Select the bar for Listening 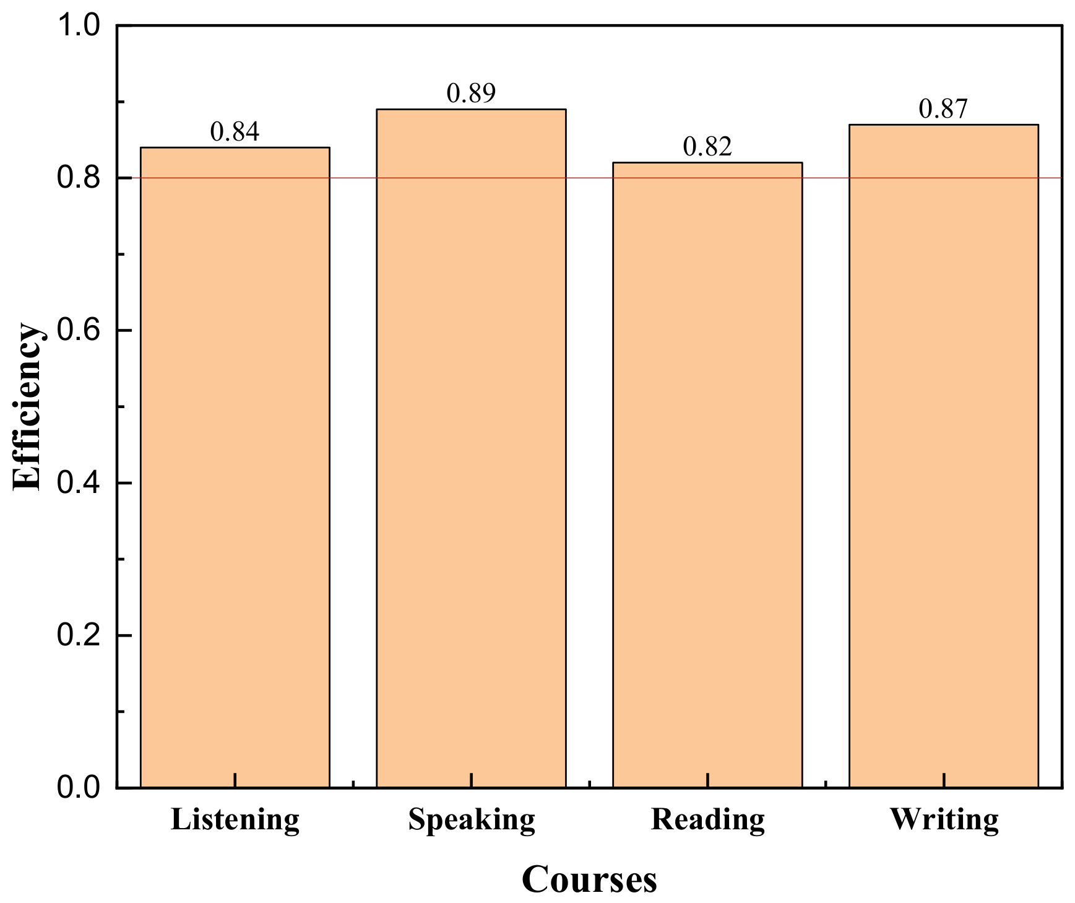click(235, 468)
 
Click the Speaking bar click(471, 448)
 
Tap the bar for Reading click(707, 475)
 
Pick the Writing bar click(943, 456)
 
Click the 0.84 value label click(235, 132)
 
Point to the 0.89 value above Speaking click(471, 94)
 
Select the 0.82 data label click(707, 147)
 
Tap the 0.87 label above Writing click(943, 109)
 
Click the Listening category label click(235, 820)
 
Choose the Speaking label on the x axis click(472, 820)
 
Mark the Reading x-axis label click(708, 820)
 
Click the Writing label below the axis click(944, 820)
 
